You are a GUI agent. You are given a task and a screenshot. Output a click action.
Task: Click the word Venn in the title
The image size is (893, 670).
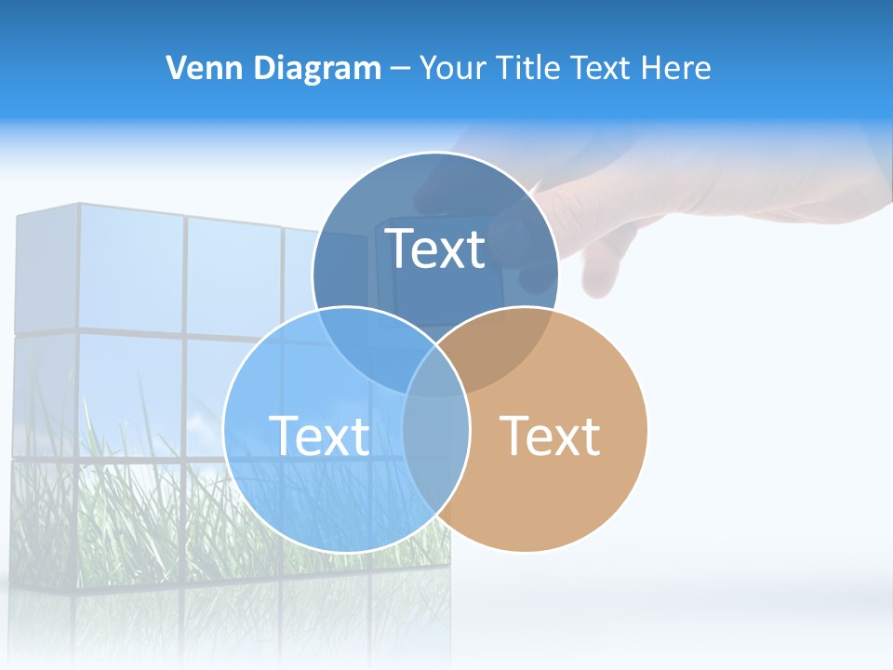pos(196,68)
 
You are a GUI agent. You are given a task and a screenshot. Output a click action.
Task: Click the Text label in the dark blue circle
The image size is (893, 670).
pos(435,248)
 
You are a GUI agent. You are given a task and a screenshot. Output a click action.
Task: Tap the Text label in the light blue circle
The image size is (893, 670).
pos(319,435)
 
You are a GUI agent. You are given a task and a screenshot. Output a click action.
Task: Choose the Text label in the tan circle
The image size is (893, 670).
pos(550,435)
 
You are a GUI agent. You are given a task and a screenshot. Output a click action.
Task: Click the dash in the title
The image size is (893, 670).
pos(401,69)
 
